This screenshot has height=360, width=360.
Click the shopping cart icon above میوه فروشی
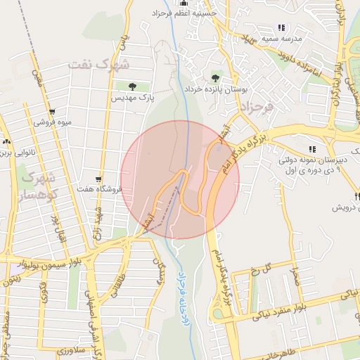pyautogui.click(x=51, y=112)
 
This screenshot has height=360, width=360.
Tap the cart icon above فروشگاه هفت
pyautogui.click(x=98, y=179)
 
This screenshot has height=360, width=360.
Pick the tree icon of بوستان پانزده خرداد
pyautogui.click(x=214, y=78)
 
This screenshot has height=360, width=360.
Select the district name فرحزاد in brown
pyautogui.click(x=257, y=108)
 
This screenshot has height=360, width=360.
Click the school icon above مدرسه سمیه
pyautogui.click(x=281, y=27)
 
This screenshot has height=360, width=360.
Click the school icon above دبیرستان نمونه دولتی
pyautogui.click(x=312, y=149)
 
